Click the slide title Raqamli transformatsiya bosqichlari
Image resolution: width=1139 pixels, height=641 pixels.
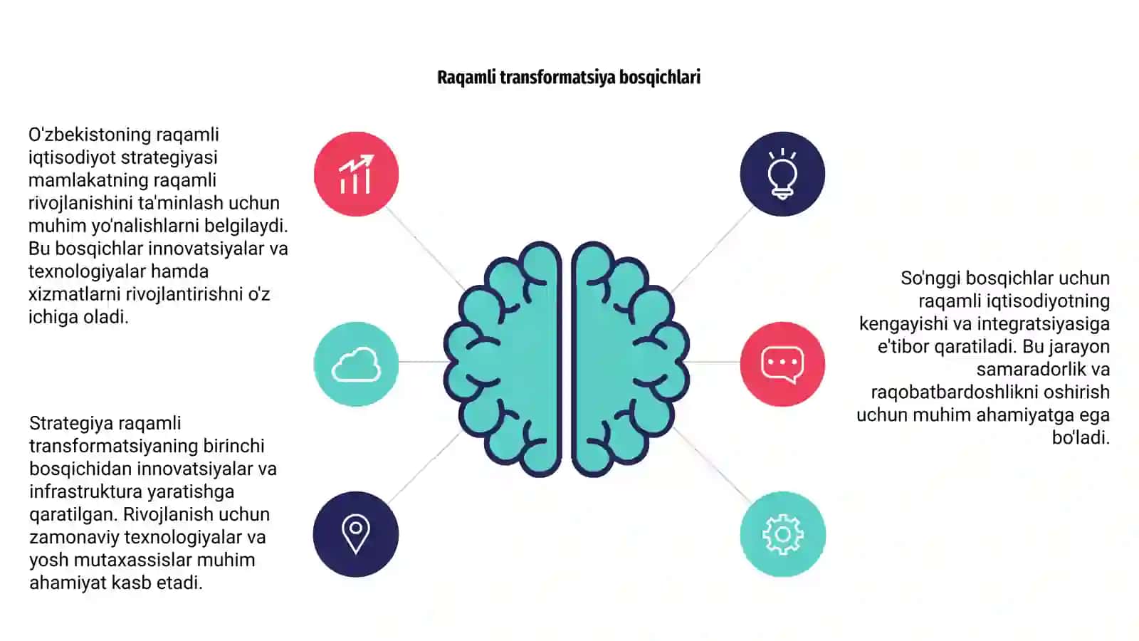(x=569, y=78)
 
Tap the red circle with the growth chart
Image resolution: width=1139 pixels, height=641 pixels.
(x=357, y=174)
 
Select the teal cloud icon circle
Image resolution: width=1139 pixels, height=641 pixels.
(x=357, y=364)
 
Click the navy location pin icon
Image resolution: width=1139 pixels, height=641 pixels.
(x=356, y=534)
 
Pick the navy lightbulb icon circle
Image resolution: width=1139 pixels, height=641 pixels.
(x=782, y=174)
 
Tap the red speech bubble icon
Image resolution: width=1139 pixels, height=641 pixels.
(x=782, y=364)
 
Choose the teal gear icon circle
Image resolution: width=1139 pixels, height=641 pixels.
(x=783, y=534)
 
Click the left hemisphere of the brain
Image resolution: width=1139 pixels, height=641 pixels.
(x=503, y=359)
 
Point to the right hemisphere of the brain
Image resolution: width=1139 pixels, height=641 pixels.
(x=631, y=359)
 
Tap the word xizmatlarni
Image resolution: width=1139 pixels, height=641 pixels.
(x=74, y=295)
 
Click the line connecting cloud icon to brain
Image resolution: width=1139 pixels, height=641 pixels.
(x=422, y=362)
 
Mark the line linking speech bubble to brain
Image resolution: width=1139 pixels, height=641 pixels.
(x=714, y=363)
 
